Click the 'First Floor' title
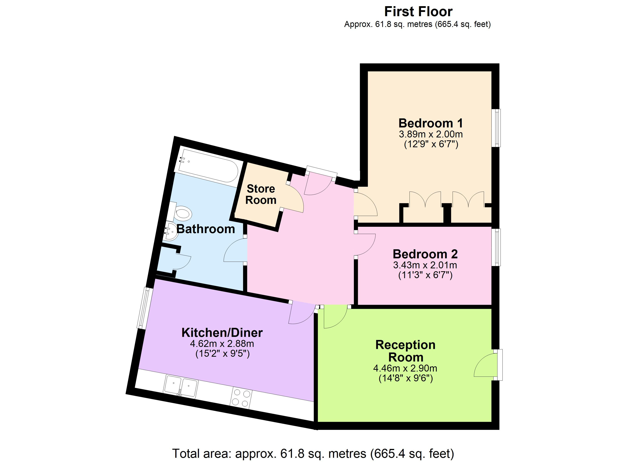tap(418, 12)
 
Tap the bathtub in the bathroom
tap(209, 167)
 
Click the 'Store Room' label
tap(261, 194)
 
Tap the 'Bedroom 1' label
tap(431, 123)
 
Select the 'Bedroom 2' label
tap(425, 254)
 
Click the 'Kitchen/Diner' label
tap(222, 333)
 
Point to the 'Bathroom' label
tap(206, 229)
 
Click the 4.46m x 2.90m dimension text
tap(405, 368)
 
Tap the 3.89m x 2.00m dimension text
tap(431, 134)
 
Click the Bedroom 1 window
tap(497, 128)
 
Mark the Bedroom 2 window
tap(497, 247)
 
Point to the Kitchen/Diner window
tap(145, 308)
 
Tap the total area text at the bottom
tap(313, 454)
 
